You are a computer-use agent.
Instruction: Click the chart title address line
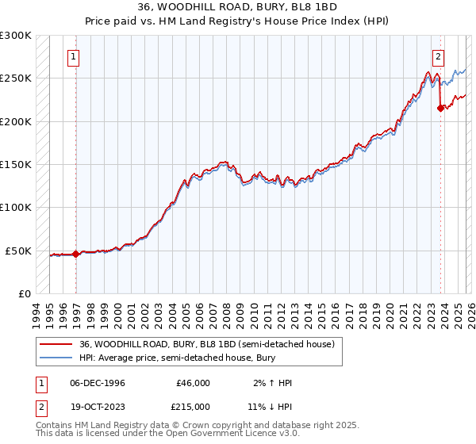237,7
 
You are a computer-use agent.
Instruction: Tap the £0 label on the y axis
25,293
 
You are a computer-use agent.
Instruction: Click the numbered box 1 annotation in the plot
73,56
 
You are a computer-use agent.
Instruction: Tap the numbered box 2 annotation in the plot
437,56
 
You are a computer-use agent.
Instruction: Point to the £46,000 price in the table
193,383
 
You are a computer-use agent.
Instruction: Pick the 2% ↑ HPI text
271,383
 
